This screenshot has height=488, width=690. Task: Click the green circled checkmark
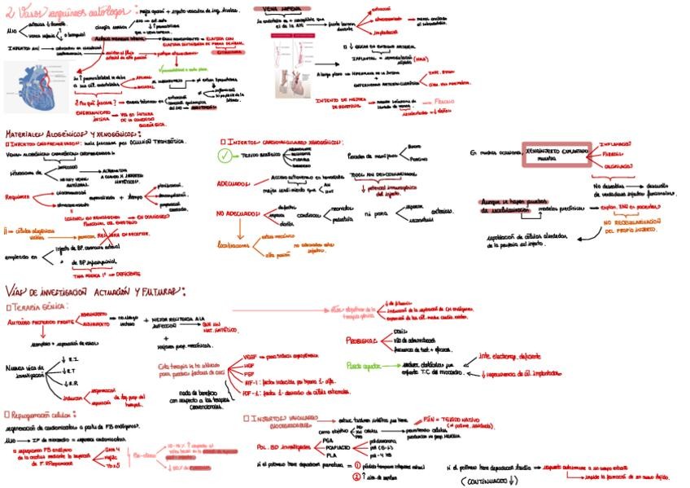226,156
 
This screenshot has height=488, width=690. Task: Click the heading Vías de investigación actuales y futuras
95,292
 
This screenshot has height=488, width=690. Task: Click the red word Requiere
17,196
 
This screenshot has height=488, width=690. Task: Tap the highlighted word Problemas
359,339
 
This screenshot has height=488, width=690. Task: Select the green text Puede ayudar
362,366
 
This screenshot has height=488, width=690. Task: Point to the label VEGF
251,357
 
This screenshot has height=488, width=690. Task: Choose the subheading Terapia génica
37,308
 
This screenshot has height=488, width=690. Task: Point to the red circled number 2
356,477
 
